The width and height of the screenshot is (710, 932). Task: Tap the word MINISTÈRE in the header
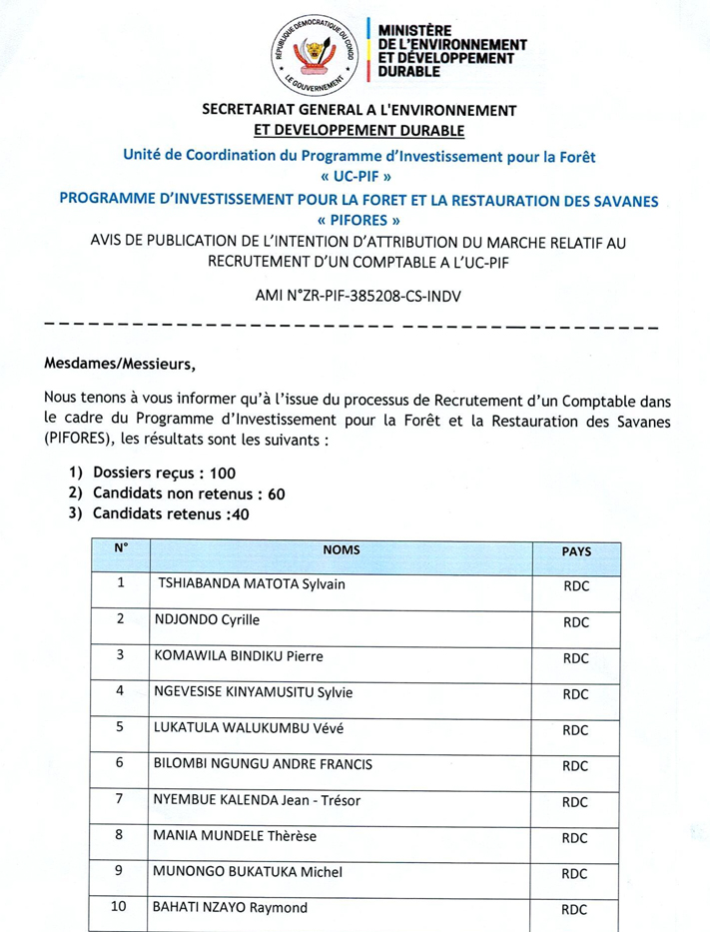[x=411, y=33]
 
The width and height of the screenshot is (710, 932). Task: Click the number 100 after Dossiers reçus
[x=224, y=472]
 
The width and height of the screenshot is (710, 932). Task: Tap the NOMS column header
[x=342, y=550]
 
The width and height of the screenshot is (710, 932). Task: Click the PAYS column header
[x=576, y=551]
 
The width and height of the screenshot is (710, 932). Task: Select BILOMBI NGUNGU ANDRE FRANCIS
[x=261, y=764]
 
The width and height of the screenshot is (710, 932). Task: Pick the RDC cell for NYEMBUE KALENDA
[x=576, y=802]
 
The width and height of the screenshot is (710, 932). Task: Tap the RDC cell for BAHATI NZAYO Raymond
[x=576, y=910]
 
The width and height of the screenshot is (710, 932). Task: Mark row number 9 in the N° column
[x=121, y=871]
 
